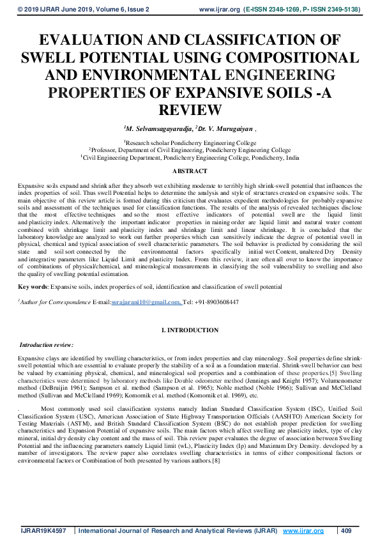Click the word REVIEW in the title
(190, 109)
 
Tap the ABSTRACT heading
(190, 171)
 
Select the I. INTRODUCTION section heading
(190, 330)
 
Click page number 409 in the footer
(347, 531)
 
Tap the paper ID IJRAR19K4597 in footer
(43, 531)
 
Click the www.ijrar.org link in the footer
(303, 531)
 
